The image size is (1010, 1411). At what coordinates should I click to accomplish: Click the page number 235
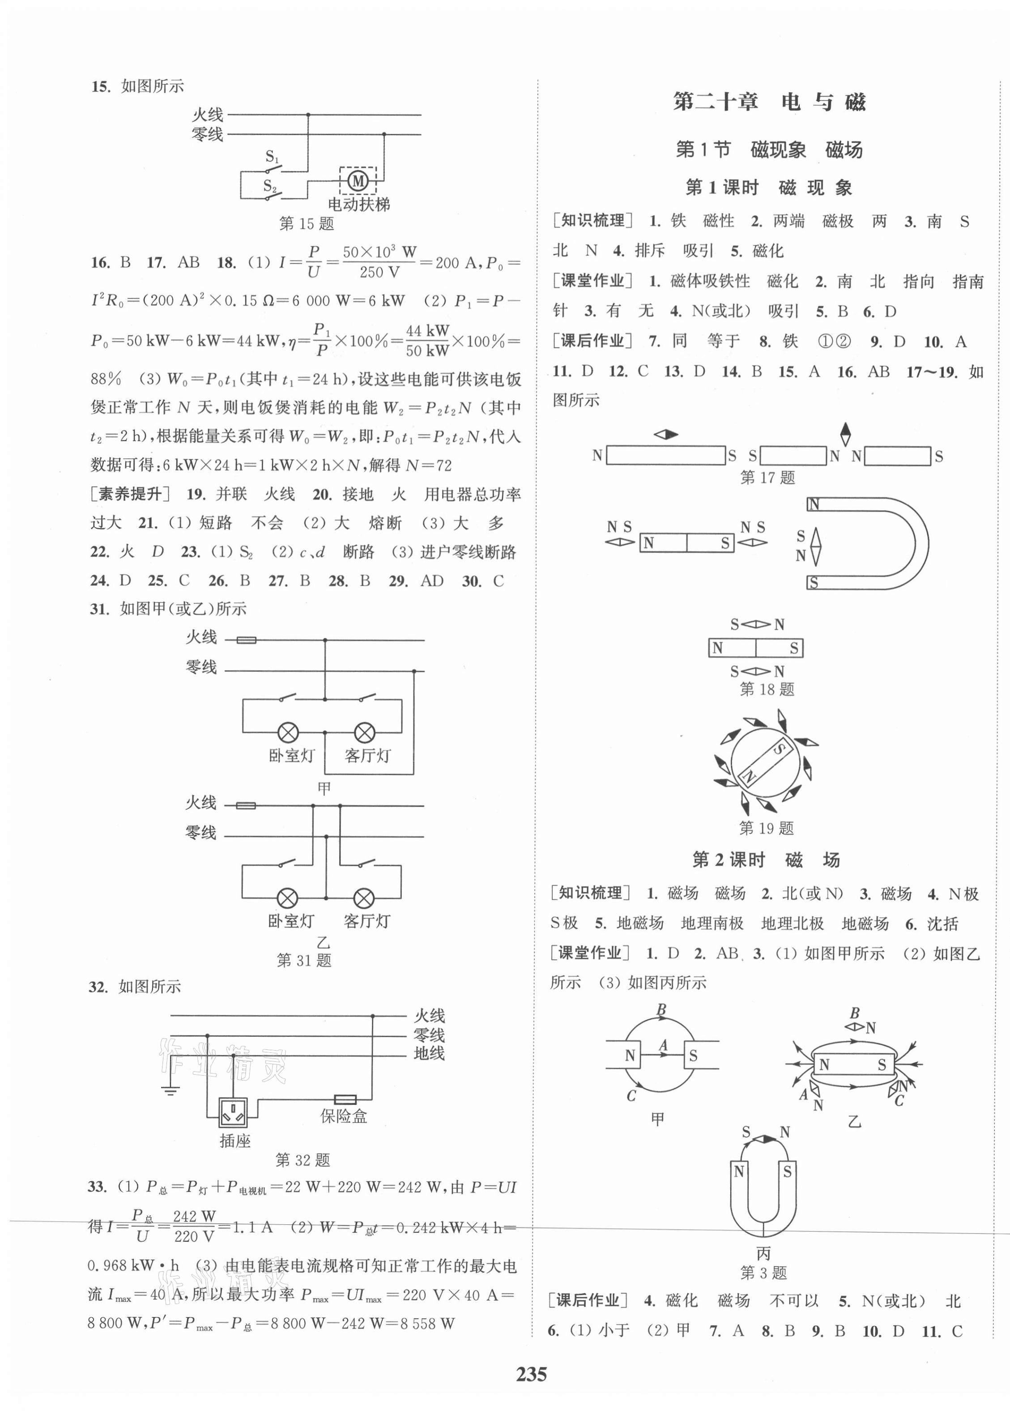click(530, 1374)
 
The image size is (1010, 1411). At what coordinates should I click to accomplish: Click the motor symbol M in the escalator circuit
click(358, 181)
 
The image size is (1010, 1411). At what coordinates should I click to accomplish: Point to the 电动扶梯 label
click(359, 204)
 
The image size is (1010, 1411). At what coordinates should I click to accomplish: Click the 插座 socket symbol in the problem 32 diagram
click(233, 1112)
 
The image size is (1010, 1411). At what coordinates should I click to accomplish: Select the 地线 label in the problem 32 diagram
click(429, 1053)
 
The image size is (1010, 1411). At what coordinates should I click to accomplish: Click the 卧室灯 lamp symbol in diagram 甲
click(288, 732)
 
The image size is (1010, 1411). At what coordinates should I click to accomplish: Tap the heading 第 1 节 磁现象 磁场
click(769, 150)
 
